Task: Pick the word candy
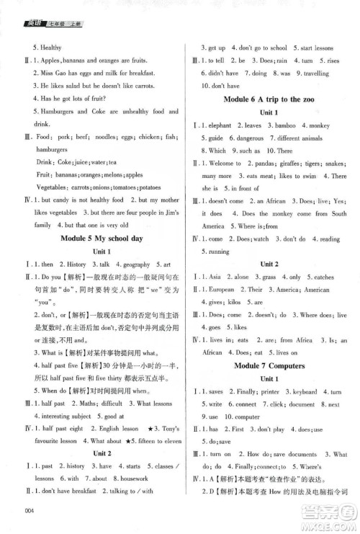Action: (61, 200)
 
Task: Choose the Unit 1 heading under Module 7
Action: (269, 379)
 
